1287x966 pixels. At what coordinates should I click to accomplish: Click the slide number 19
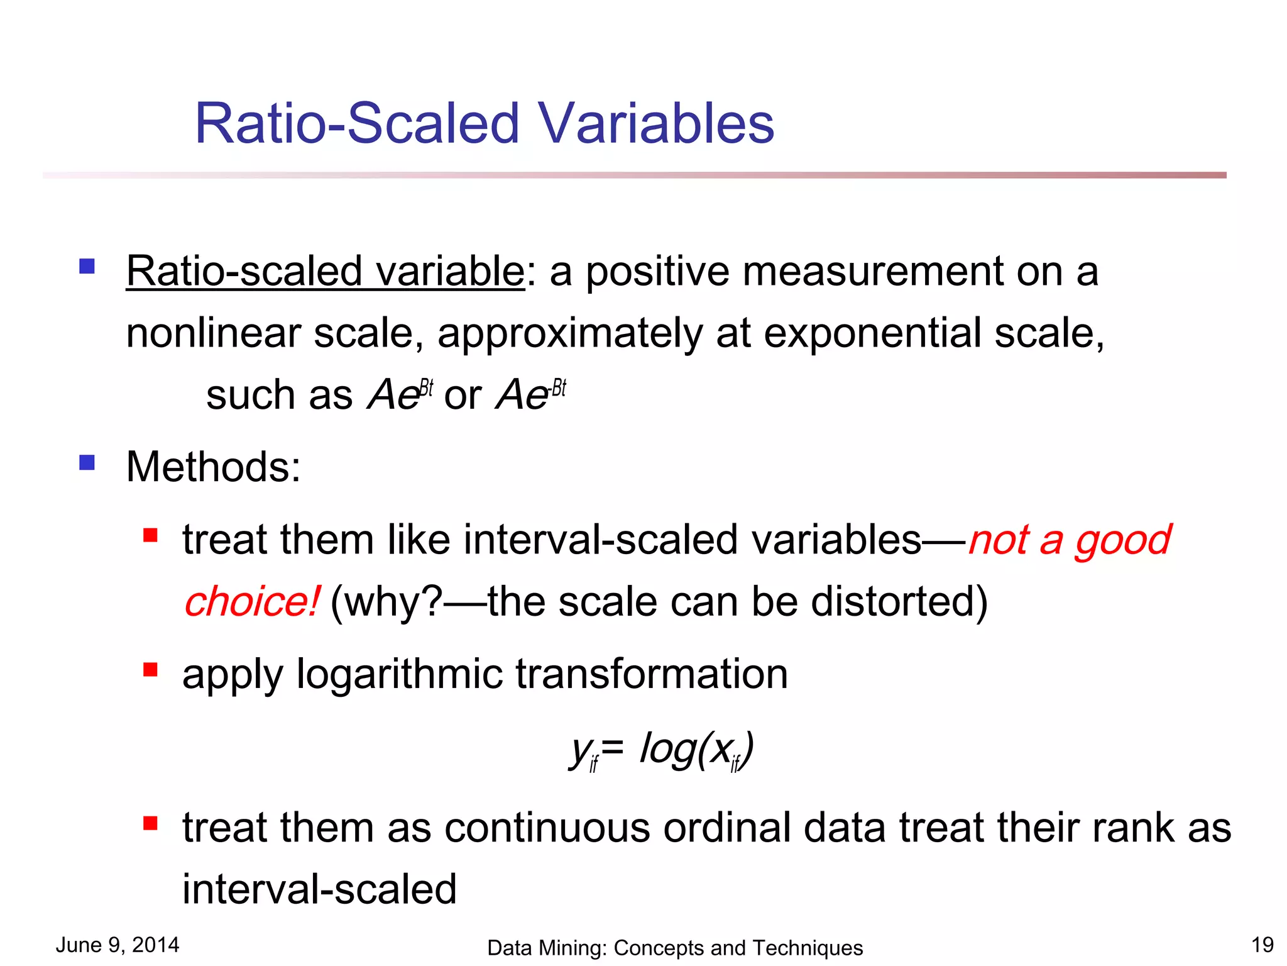pyautogui.click(x=1262, y=945)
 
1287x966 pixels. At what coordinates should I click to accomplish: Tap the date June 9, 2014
pyautogui.click(x=118, y=945)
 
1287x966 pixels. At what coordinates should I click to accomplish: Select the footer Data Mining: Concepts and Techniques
pyautogui.click(x=674, y=948)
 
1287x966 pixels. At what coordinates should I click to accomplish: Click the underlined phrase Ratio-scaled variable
pyautogui.click(x=325, y=272)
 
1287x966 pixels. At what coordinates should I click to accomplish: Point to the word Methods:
pyautogui.click(x=214, y=467)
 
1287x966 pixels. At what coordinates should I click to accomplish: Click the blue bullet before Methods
pyautogui.click(x=87, y=464)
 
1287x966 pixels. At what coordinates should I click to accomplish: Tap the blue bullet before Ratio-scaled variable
pyautogui.click(x=87, y=267)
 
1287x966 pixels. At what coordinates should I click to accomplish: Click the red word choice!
pyautogui.click(x=252, y=602)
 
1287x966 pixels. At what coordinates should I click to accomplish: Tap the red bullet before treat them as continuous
pyautogui.click(x=150, y=823)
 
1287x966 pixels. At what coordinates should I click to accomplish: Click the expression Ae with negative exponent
pyautogui.click(x=531, y=394)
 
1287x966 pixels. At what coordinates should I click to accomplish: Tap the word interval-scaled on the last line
pyautogui.click(x=319, y=889)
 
